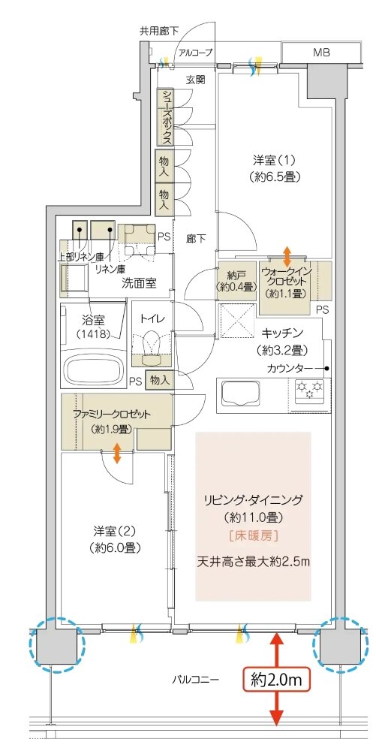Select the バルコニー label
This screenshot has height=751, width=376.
[194, 679]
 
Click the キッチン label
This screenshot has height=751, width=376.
[282, 331]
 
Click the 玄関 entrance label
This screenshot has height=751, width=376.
[197, 78]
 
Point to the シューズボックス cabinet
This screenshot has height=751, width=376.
[165, 117]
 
